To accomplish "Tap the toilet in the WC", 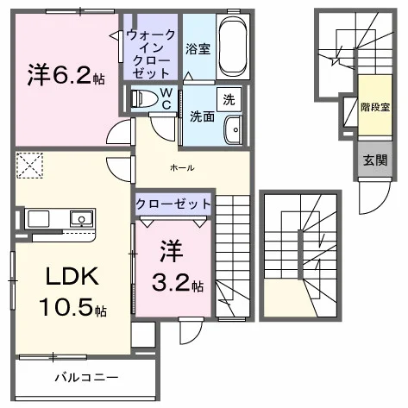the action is click(144, 98).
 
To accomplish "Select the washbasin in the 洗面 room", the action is click(233, 130).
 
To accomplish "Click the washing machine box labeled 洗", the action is click(229, 99).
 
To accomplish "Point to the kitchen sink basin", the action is click(82, 219).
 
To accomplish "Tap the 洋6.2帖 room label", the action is click(66, 76).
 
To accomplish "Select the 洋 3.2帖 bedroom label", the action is click(176, 267).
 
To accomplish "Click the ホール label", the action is click(182, 167).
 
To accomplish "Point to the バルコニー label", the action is click(86, 378).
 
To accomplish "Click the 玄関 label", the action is click(375, 160).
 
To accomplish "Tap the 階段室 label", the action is click(375, 107).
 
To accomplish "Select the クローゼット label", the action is click(173, 204).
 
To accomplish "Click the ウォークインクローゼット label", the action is click(150, 54).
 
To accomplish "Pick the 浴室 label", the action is click(198, 49).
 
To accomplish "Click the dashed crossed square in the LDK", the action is click(30, 166).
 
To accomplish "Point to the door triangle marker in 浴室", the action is click(188, 76).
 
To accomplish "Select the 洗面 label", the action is click(203, 117).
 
